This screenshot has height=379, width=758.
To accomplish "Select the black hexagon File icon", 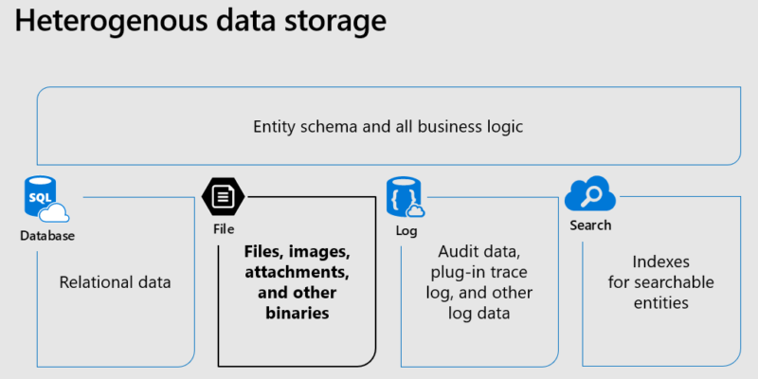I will pyautogui.click(x=223, y=197).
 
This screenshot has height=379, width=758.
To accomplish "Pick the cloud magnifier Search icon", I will pyautogui.click(x=589, y=196).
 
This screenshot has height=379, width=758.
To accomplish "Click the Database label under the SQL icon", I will pyautogui.click(x=47, y=236).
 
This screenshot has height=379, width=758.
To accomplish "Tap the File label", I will pyautogui.click(x=224, y=229).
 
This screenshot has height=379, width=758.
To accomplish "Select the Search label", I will pyautogui.click(x=590, y=226).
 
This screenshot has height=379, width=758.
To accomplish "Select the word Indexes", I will pyautogui.click(x=660, y=261).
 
